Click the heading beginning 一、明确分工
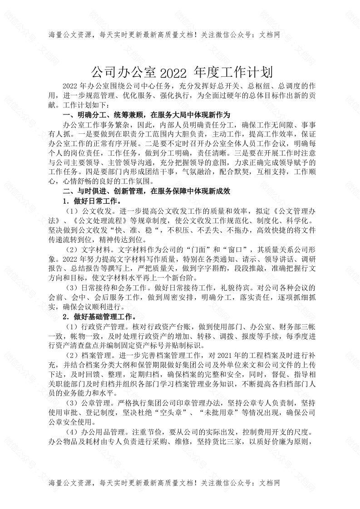[146, 114]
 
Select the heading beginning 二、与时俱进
[146, 191]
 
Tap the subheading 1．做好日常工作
[91, 201]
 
